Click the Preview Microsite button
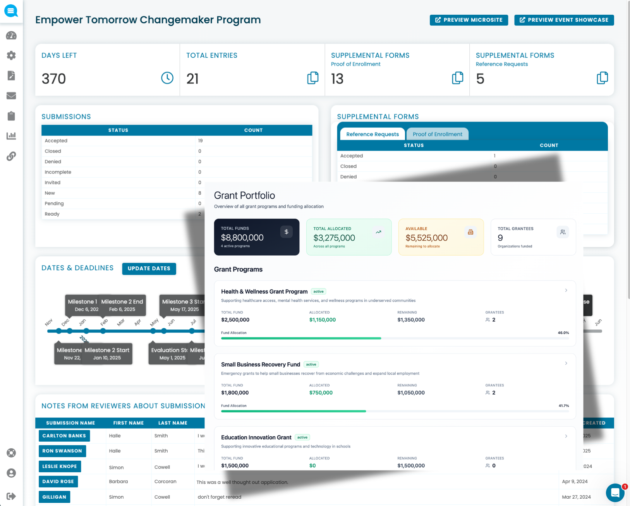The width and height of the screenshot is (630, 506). point(469,20)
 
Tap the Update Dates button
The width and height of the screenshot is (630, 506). point(149,269)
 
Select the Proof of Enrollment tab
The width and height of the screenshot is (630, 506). point(437,134)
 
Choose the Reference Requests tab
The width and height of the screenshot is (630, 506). point(372,134)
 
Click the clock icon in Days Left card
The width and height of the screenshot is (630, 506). point(167,78)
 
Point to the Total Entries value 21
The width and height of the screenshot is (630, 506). point(192,79)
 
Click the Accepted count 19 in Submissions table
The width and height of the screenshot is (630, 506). point(201,141)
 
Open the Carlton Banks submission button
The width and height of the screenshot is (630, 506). point(64,436)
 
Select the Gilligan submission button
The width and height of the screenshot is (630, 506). point(54,497)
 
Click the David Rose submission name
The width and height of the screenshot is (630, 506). point(58,482)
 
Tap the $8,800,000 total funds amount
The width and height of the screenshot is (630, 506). point(242,238)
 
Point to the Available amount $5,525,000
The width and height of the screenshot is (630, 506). point(426,238)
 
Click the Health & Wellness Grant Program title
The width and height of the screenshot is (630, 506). point(264,292)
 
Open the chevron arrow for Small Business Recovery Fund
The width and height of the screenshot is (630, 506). point(566,363)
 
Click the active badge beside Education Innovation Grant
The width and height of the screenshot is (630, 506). point(302,437)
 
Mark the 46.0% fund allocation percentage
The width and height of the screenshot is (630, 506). point(563,333)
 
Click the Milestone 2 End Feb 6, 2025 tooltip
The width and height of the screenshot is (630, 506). point(122,305)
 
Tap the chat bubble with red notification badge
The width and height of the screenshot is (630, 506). point(615,493)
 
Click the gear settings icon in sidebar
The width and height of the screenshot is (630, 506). point(11,55)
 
